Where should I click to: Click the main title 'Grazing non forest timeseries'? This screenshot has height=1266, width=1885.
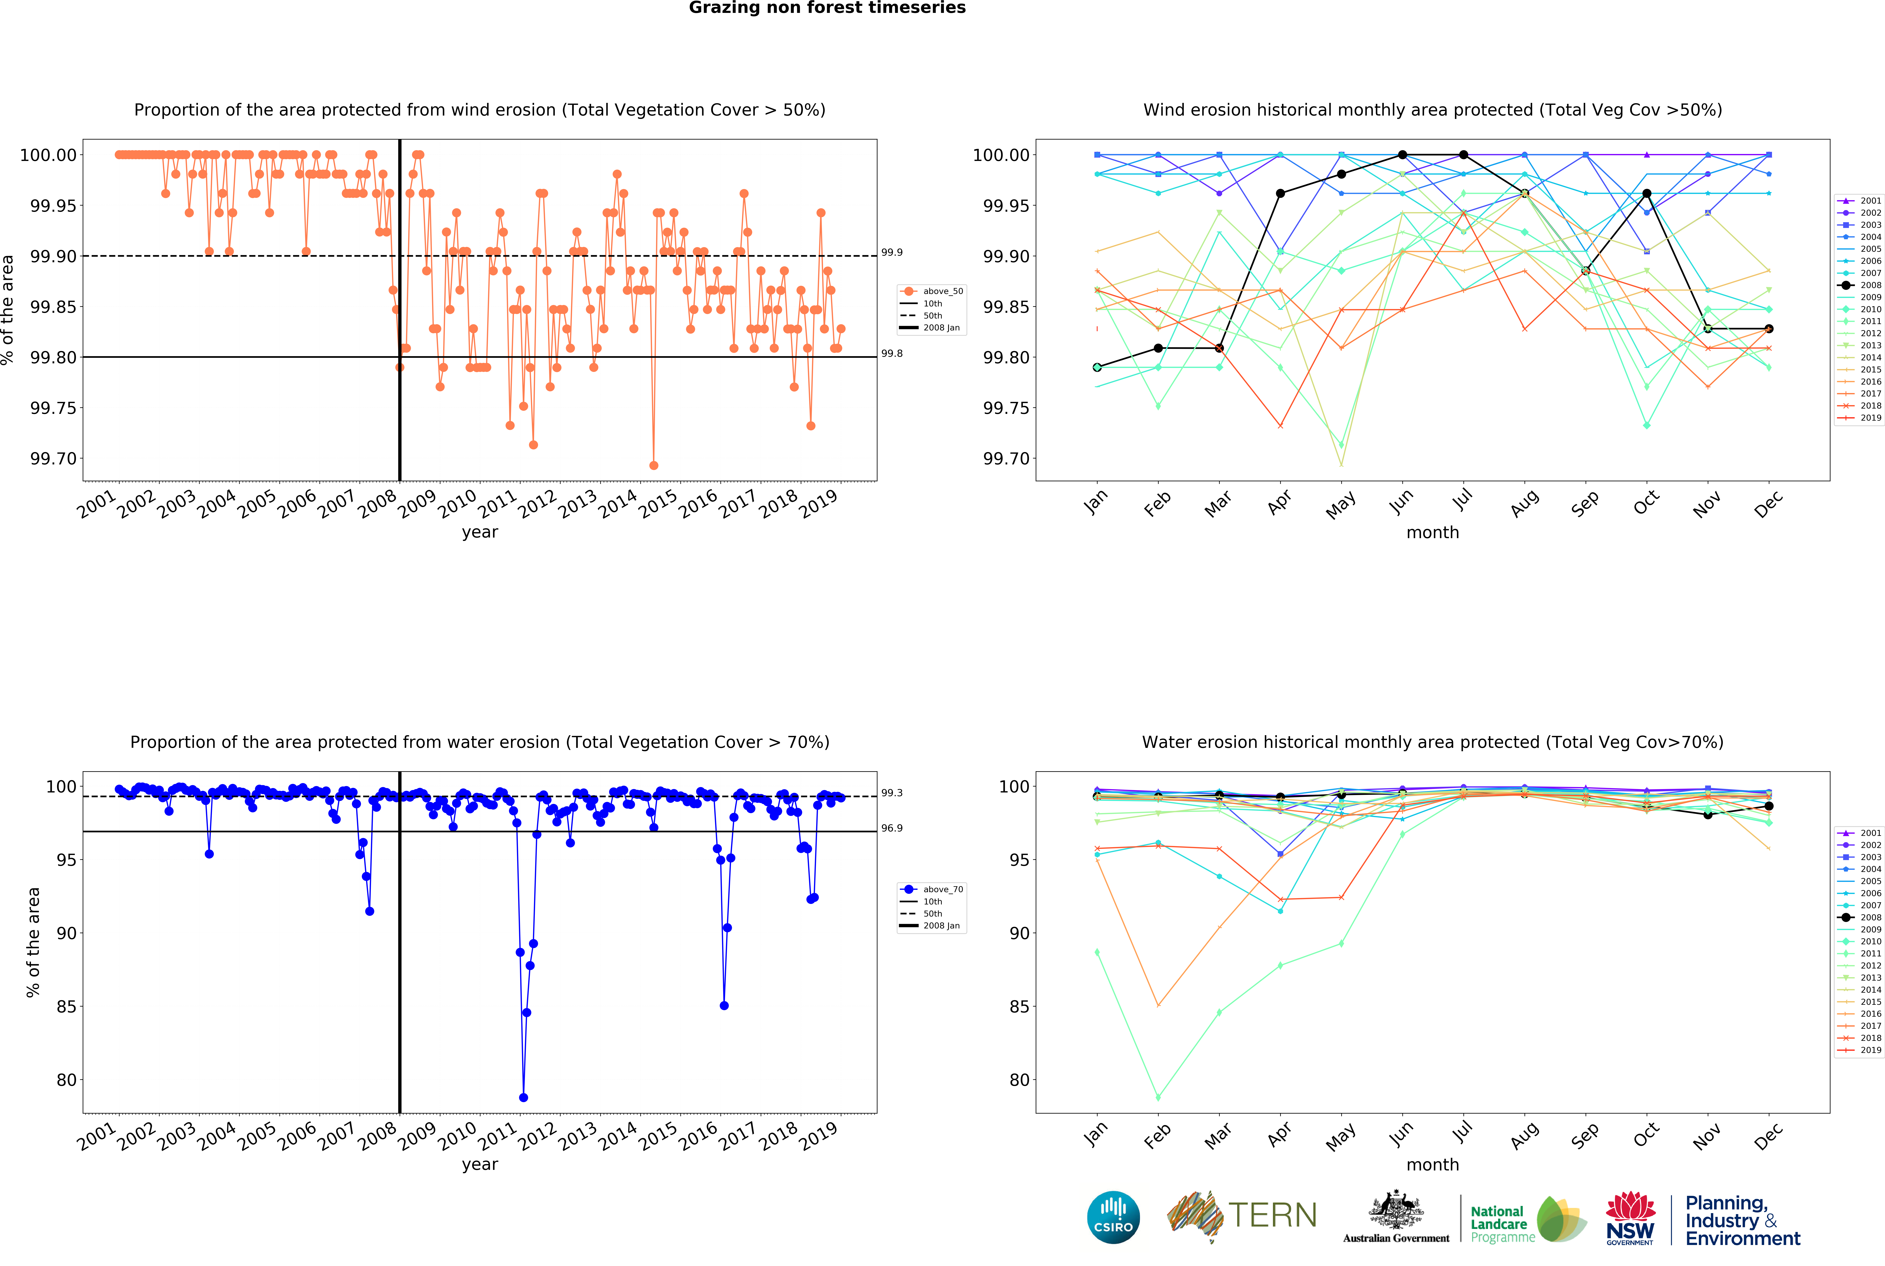tap(827, 8)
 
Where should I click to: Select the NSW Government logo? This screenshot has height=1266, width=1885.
tap(1630, 1218)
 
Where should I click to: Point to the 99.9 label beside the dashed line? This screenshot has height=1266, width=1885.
tap(892, 253)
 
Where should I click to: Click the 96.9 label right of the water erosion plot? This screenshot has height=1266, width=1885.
tap(892, 828)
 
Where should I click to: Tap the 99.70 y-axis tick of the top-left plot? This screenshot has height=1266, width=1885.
tap(53, 459)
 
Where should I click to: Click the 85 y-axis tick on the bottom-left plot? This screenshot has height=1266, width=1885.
tap(67, 1007)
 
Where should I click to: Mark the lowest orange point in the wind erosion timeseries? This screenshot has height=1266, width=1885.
tap(653, 466)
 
